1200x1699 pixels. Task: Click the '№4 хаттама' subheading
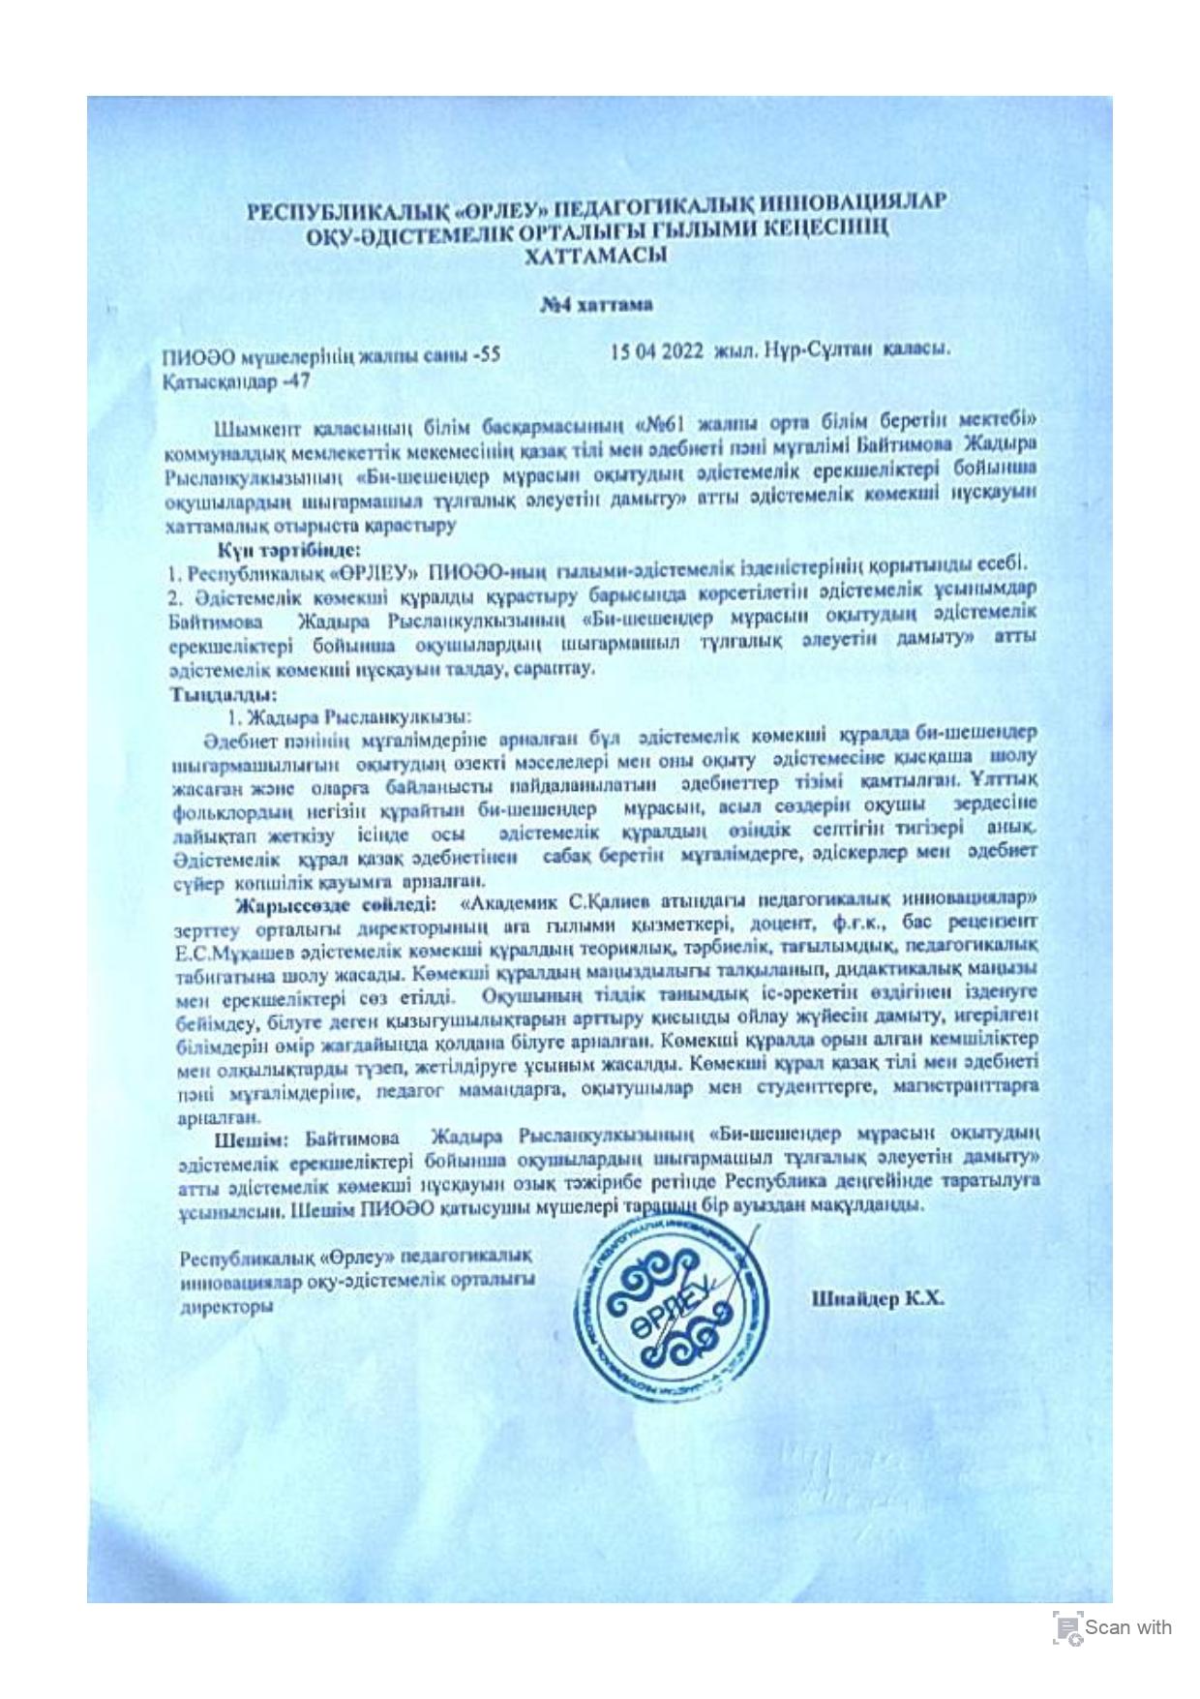tap(596, 305)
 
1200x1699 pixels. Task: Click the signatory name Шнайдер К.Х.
tap(878, 1299)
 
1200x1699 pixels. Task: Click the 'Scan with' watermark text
tap(1127, 1627)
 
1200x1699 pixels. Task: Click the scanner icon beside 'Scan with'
tap(1066, 1628)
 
